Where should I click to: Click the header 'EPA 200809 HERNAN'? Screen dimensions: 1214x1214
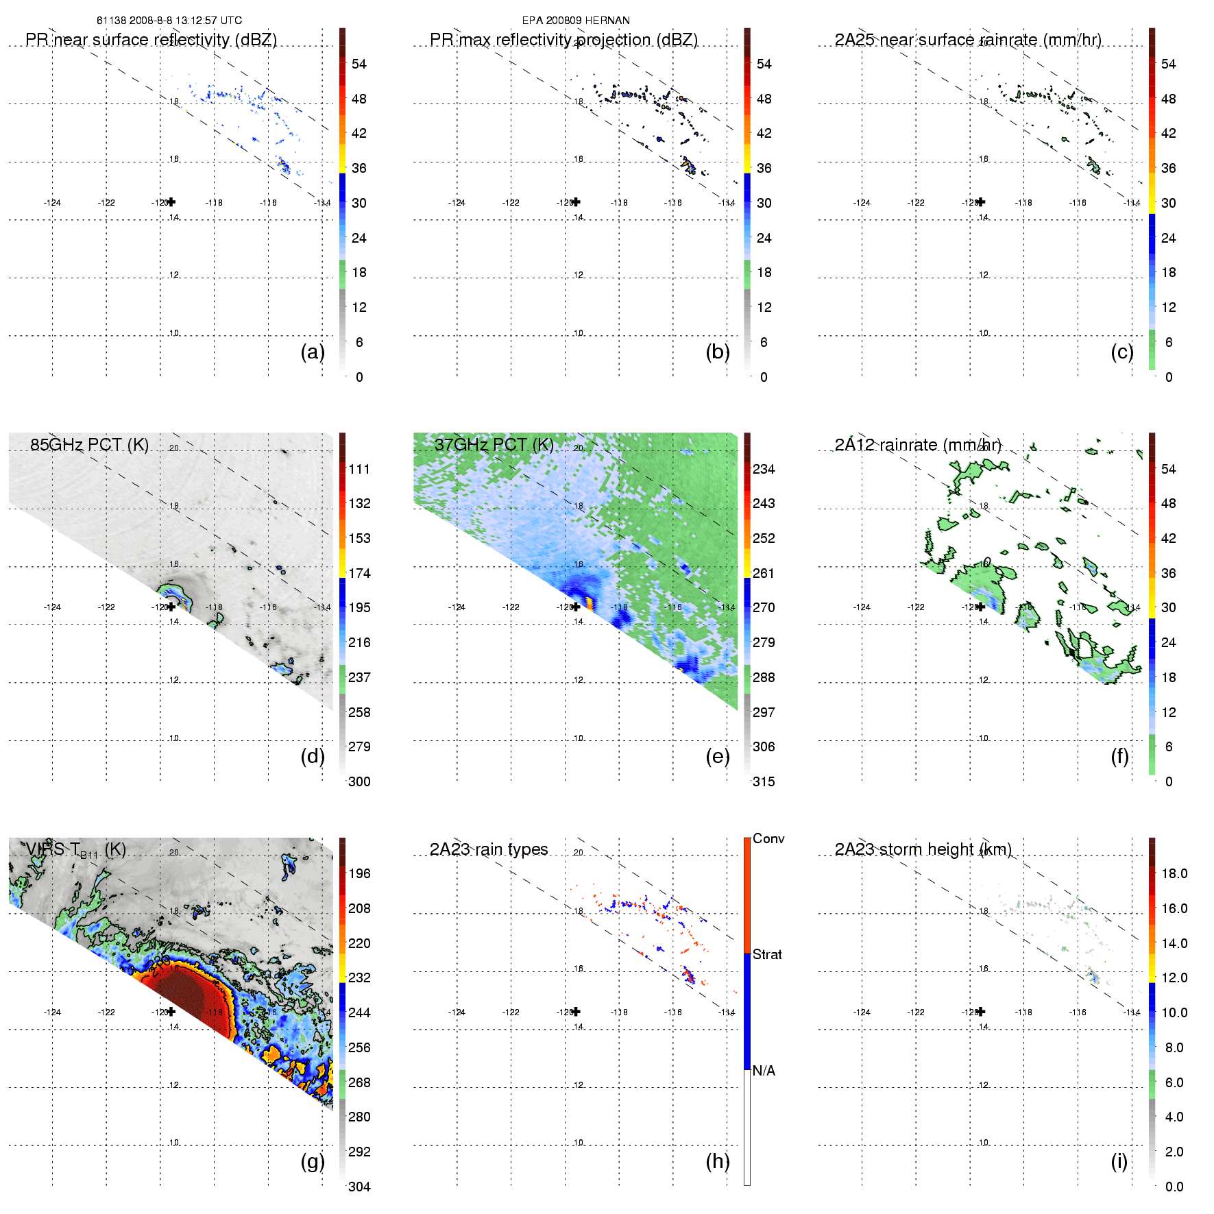pyautogui.click(x=576, y=21)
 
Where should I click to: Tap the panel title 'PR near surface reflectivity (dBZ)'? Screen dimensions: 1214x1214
pyautogui.click(x=151, y=40)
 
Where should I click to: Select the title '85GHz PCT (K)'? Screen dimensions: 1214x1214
pyautogui.click(x=89, y=444)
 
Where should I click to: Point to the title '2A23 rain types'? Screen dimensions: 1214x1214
pyautogui.click(x=489, y=849)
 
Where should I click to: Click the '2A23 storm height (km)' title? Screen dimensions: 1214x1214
pyautogui.click(x=923, y=849)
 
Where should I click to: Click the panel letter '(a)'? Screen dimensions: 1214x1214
pyautogui.click(x=313, y=352)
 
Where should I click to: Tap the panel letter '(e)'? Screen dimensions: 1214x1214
pyautogui.click(x=717, y=756)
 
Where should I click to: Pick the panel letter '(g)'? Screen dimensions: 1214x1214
pyautogui.click(x=313, y=1161)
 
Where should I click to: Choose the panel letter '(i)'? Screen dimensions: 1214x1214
pyautogui.click(x=1119, y=1161)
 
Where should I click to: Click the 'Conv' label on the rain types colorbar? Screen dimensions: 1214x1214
pyautogui.click(x=768, y=838)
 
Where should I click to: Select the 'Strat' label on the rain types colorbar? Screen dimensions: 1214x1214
pyautogui.click(x=767, y=954)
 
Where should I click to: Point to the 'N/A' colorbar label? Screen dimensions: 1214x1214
pyautogui.click(x=764, y=1071)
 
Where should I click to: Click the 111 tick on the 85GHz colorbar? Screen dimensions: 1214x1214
pyautogui.click(x=359, y=469)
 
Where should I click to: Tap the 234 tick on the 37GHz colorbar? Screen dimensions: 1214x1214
pyautogui.click(x=764, y=469)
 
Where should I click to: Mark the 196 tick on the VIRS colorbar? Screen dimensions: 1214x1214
pyautogui.click(x=359, y=873)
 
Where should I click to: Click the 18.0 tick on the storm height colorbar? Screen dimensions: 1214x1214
pyautogui.click(x=1174, y=873)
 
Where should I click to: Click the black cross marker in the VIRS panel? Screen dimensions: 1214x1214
pyautogui.click(x=171, y=1011)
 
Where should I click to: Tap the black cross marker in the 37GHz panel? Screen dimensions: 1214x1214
pyautogui.click(x=576, y=607)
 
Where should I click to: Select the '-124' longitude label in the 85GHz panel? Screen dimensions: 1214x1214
pyautogui.click(x=52, y=607)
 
